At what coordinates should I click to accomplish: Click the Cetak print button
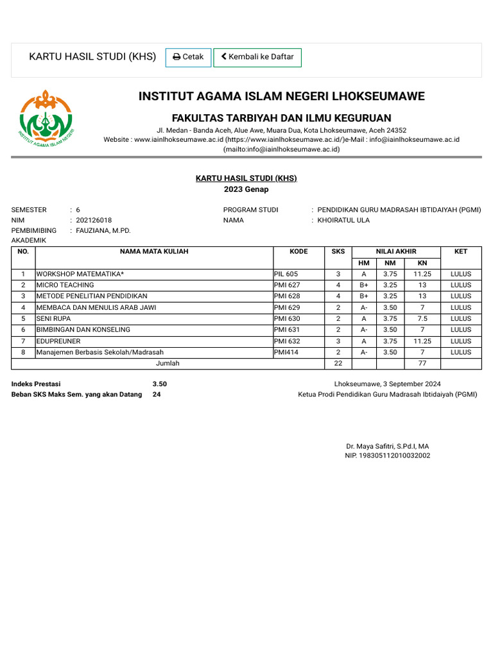[188, 57]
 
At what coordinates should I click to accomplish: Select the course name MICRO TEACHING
[65, 285]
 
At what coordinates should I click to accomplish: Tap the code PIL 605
[286, 274]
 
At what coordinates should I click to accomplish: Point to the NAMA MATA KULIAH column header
[154, 252]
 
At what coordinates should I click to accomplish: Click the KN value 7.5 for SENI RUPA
[422, 319]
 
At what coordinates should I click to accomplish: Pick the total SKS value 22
[338, 363]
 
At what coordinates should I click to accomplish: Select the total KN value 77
[422, 363]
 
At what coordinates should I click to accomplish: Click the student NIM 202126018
[94, 220]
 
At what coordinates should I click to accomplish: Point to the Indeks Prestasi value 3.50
[160, 384]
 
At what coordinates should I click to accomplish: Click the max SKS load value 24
[157, 395]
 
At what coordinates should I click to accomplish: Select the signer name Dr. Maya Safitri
[387, 446]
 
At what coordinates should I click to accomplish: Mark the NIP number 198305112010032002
[387, 456]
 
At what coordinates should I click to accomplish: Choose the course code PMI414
[286, 352]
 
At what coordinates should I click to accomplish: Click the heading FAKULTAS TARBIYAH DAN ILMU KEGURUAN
[281, 118]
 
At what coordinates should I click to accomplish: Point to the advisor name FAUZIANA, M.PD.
[103, 230]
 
